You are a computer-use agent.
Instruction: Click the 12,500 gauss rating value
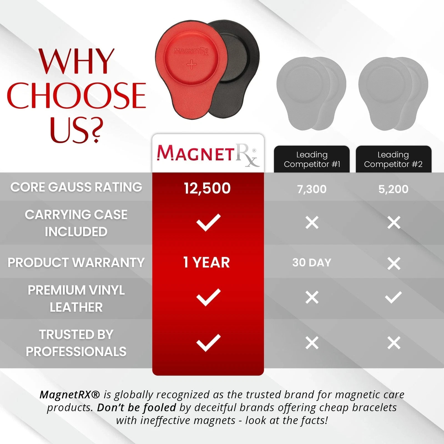coord(207,188)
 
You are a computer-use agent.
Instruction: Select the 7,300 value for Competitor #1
coord(312,189)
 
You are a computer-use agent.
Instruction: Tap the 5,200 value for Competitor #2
coord(393,189)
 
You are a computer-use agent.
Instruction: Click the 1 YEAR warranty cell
coord(207,263)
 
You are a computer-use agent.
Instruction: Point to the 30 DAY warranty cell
coord(312,263)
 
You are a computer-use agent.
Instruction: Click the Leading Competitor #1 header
coord(312,159)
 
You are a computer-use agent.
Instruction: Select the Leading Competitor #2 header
coord(393,159)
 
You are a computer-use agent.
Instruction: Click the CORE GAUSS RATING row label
coord(76,187)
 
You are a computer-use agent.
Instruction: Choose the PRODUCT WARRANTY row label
coord(76,263)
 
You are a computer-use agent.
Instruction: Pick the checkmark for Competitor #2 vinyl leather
coord(393,297)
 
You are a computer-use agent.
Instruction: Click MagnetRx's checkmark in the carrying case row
coord(208,222)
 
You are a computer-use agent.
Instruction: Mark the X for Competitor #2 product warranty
coord(394,263)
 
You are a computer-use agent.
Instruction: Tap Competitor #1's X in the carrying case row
coord(312,223)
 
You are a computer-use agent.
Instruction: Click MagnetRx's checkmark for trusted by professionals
coord(208,343)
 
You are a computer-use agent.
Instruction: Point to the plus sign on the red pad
coord(191,64)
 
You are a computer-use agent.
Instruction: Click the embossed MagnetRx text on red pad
coord(191,51)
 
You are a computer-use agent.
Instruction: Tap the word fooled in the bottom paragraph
coord(161,407)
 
